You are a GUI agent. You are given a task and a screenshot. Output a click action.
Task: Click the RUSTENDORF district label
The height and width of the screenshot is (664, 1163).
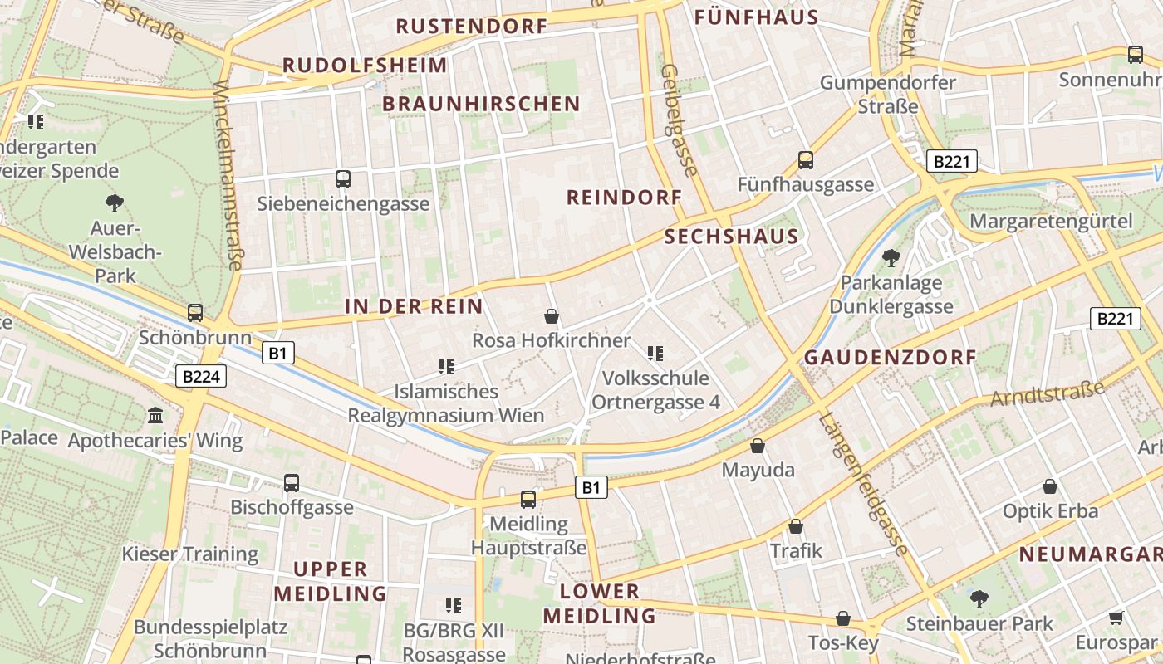pos(471,26)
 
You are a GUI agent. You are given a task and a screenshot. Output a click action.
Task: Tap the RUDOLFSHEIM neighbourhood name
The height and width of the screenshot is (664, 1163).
pos(365,65)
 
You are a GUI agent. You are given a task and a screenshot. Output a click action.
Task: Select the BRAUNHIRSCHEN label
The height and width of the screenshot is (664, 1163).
pos(481,104)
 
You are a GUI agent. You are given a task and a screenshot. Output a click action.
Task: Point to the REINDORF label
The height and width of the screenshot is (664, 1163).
pos(624,198)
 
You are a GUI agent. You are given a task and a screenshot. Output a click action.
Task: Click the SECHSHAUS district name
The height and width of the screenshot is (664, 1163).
pos(731,237)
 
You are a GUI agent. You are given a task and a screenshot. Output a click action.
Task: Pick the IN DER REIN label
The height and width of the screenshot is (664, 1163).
pos(414,306)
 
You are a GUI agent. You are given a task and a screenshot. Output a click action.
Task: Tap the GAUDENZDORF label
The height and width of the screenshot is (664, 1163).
pos(890,358)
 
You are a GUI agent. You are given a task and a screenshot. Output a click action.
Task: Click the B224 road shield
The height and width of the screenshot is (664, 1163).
pos(201,377)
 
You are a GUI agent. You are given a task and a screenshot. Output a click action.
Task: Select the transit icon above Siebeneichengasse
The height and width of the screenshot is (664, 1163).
pos(342,178)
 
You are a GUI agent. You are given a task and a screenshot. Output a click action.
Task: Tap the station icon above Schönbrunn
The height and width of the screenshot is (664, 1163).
pos(195,313)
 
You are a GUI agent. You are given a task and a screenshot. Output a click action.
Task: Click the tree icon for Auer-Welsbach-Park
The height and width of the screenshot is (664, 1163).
pos(114,203)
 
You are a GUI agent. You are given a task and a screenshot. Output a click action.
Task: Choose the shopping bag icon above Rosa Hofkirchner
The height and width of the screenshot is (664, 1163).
pos(551,316)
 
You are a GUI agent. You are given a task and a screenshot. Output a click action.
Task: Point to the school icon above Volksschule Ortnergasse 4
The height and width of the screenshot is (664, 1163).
pos(655,354)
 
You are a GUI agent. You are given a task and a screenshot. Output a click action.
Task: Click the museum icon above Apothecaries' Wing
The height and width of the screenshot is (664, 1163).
pos(155,415)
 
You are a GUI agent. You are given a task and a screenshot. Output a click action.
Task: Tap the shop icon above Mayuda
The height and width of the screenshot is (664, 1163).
pos(758,446)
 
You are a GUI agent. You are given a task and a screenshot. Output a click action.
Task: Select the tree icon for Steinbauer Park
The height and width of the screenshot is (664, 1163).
pos(979,598)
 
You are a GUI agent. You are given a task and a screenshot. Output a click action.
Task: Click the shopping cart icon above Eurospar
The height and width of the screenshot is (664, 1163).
pos(1116,618)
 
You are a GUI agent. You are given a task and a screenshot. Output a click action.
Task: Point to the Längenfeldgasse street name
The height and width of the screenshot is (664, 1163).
pos(862,484)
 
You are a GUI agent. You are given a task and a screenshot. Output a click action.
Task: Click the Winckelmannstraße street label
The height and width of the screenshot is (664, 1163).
pos(228,175)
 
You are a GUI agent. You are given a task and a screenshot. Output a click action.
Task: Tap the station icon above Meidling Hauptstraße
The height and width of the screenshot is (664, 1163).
pos(528,499)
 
